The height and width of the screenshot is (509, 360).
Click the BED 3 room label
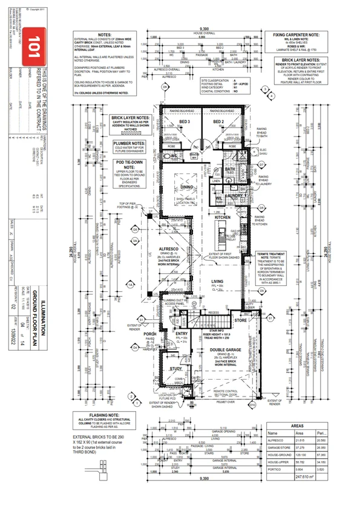pyautogui.click(x=185, y=122)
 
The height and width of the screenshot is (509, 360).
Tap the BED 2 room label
pyautogui.click(x=219, y=122)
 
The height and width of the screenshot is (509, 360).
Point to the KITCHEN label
pyautogui.click(x=223, y=216)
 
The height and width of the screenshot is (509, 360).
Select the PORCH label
pyautogui.click(x=151, y=333)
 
